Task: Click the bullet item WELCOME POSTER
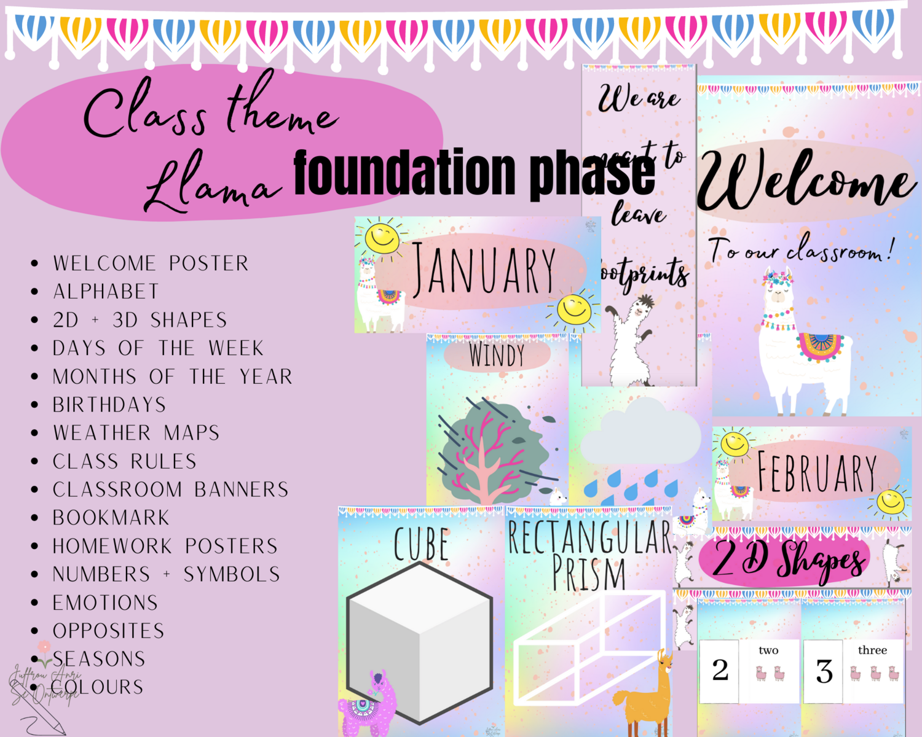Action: coord(151,263)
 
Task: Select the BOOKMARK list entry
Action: coord(111,518)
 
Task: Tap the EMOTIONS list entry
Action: coord(105,602)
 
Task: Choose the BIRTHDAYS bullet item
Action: coord(109,405)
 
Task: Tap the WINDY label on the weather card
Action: coord(497,355)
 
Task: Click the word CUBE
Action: coord(421,544)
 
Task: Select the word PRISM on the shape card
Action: coord(588,574)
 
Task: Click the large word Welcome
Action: coord(805,181)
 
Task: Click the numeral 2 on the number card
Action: coord(720,670)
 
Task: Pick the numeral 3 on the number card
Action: coord(824,671)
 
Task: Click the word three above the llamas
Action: coord(872,650)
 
